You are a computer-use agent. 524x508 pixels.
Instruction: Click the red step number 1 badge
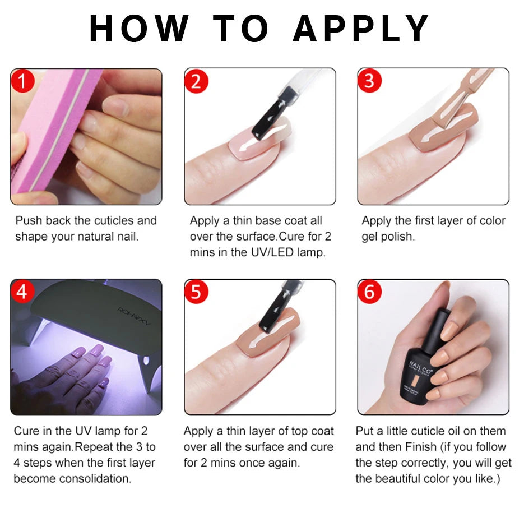click(x=22, y=82)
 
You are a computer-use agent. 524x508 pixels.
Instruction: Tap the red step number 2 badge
click(x=196, y=82)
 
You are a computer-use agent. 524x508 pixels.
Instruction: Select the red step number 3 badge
click(x=369, y=82)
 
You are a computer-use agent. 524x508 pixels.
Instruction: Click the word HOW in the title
click(x=140, y=29)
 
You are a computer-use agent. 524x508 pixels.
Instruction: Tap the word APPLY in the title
click(x=361, y=29)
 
